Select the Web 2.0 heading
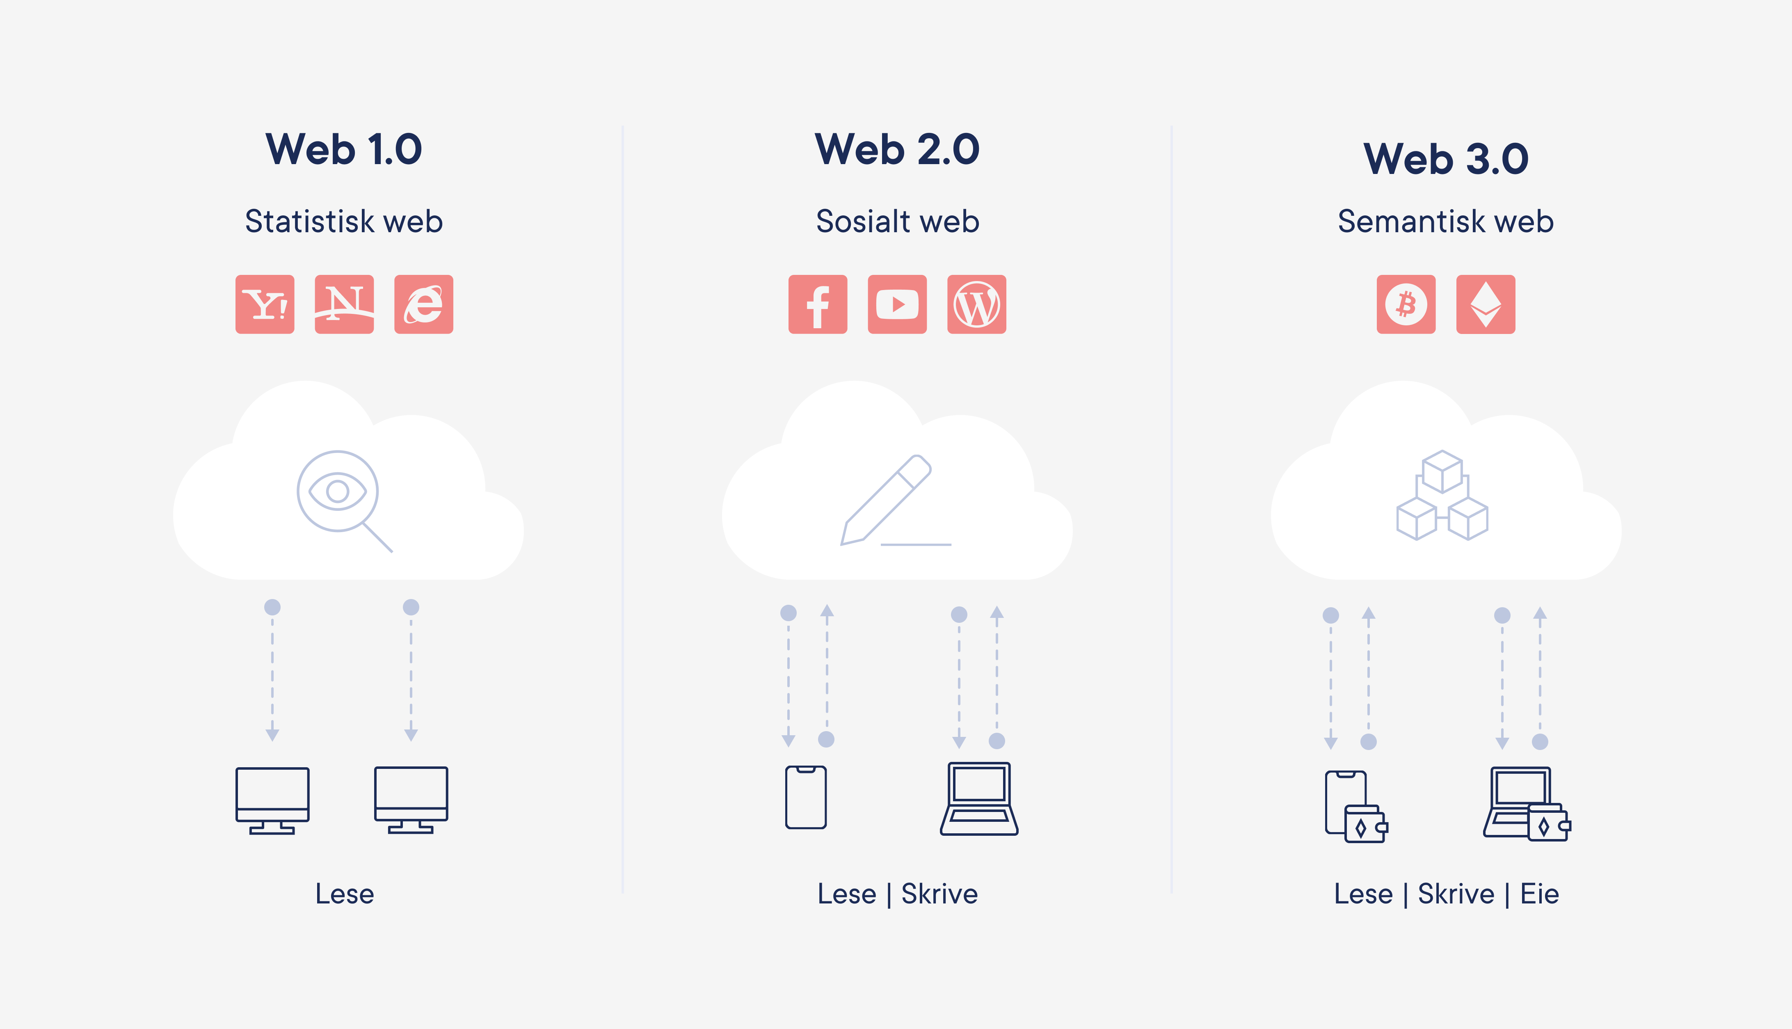tap(897, 150)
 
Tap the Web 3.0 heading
tap(1446, 159)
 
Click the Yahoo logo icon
tap(265, 304)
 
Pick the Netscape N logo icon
tap(344, 304)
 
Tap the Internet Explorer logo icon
tap(423, 304)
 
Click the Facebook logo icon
tap(818, 304)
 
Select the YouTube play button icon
tap(897, 304)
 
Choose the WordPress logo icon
tap(976, 304)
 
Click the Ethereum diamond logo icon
tap(1485, 304)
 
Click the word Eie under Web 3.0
tap(1539, 894)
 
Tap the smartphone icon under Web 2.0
tap(806, 797)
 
